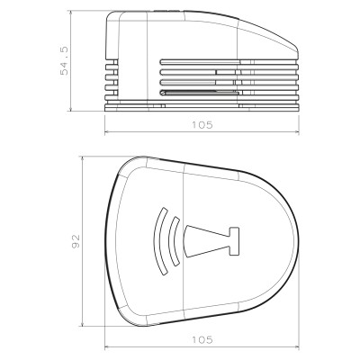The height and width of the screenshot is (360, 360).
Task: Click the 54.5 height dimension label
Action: [65, 59]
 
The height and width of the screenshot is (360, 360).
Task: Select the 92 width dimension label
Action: [76, 240]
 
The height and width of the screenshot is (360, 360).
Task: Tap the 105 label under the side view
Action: [202, 125]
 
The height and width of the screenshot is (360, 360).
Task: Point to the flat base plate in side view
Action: [202, 108]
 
